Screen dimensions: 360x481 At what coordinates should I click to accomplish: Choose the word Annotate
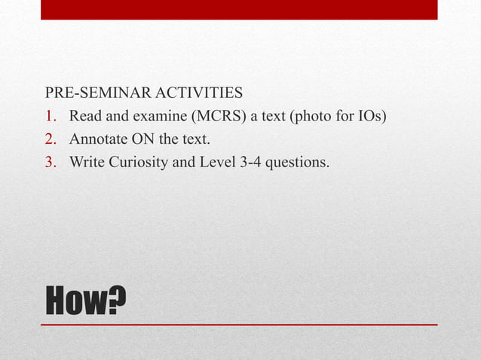pos(97,139)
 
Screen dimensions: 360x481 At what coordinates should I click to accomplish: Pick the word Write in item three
pos(85,161)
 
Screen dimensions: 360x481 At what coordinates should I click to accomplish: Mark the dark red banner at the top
pos(239,9)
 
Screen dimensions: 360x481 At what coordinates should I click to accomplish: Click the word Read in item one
pos(84,117)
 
